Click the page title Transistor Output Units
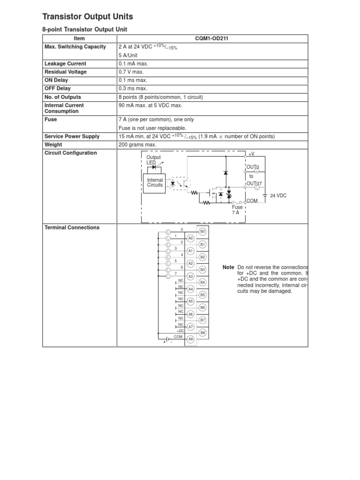(88, 17)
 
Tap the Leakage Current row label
(65, 64)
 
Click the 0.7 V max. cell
(131, 72)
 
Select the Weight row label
(53, 145)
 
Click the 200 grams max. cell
(137, 145)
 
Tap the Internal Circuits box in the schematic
(155, 182)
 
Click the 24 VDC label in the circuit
(278, 196)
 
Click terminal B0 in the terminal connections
(203, 232)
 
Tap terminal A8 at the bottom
(190, 339)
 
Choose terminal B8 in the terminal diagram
(203, 332)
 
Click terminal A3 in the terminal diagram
(190, 276)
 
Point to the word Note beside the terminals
(228, 267)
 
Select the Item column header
(80, 38)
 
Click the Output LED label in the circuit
(153, 160)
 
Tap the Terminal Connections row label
(72, 228)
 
